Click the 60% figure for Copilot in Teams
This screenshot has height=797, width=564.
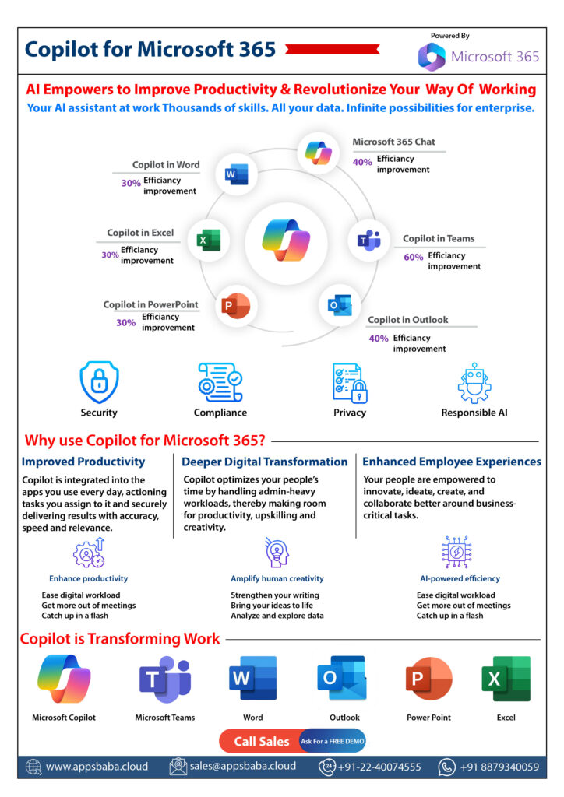pyautogui.click(x=413, y=257)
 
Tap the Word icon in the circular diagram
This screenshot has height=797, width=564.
pyautogui.click(x=237, y=174)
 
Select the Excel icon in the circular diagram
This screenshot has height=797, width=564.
pyautogui.click(x=209, y=240)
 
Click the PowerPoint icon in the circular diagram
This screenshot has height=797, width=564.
pyautogui.click(x=235, y=305)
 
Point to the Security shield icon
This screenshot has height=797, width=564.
pyautogui.click(x=99, y=381)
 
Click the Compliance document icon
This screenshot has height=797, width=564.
pyautogui.click(x=220, y=382)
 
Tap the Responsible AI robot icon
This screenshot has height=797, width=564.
pyautogui.click(x=474, y=383)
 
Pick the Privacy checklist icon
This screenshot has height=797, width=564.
pyautogui.click(x=350, y=383)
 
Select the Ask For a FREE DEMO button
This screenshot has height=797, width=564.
pyautogui.click(x=333, y=742)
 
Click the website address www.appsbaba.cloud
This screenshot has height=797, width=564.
pyautogui.click(x=97, y=767)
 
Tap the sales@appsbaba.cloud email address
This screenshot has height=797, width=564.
pyautogui.click(x=242, y=766)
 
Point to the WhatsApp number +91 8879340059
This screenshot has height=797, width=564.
pyautogui.click(x=499, y=767)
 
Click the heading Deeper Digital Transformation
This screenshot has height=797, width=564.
pyautogui.click(x=264, y=462)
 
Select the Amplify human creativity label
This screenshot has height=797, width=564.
pyautogui.click(x=277, y=578)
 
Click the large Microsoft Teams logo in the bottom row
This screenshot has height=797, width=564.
pyautogui.click(x=165, y=679)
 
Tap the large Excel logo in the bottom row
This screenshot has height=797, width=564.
pyautogui.click(x=506, y=679)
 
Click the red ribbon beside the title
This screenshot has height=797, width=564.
pyautogui.click(x=333, y=49)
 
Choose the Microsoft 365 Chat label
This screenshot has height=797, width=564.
pyautogui.click(x=393, y=142)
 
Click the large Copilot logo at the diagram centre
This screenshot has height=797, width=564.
pyautogui.click(x=287, y=240)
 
